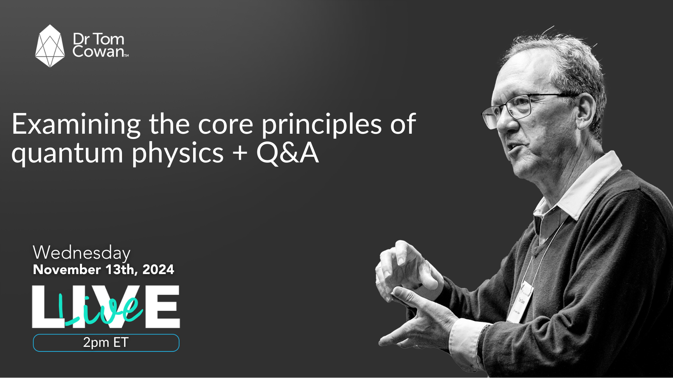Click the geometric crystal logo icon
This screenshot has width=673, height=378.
tap(50, 46)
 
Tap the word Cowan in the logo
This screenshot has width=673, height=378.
tap(98, 52)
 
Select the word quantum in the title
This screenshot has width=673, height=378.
tap(67, 153)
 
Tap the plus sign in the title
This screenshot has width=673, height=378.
tap(240, 153)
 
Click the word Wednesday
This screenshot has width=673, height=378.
tap(81, 253)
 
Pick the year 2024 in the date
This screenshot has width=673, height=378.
tap(158, 269)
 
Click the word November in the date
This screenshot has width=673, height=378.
tap(67, 269)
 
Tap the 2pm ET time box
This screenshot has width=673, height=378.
tap(106, 343)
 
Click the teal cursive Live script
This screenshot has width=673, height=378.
tap(105, 310)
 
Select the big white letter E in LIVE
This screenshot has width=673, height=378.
tap(163, 307)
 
